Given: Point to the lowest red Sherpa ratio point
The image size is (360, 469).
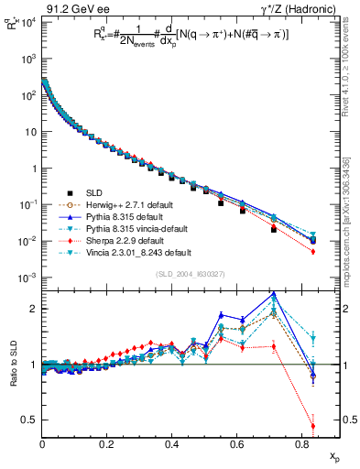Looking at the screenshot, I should click(313, 426).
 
